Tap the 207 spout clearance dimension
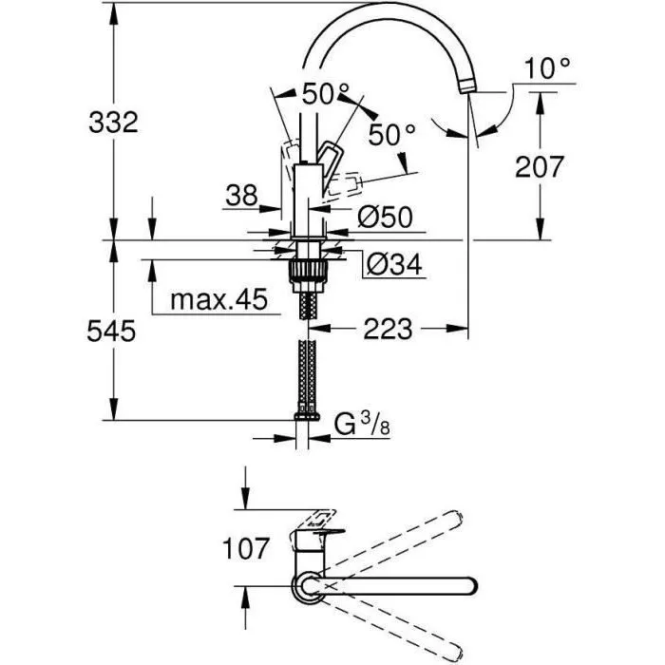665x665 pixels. pos(540,166)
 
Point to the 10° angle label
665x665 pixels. pos(549,67)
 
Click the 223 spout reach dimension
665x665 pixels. pos(389,330)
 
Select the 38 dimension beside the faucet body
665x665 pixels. pos(242,196)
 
